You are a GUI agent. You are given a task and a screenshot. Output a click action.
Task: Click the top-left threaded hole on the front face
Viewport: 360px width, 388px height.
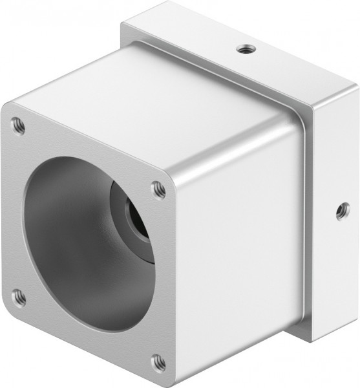click(19, 125)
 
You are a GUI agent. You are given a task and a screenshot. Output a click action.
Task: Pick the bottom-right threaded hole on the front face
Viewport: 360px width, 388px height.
click(158, 361)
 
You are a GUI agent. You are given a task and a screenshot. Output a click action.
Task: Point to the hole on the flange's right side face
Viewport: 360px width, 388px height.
click(342, 211)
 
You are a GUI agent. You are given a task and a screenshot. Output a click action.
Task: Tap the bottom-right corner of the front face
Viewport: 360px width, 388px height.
click(169, 378)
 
